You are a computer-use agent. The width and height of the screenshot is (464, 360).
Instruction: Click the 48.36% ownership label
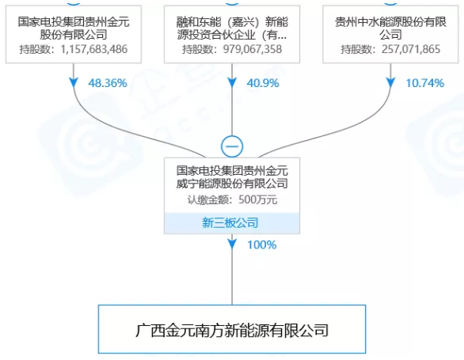click(x=108, y=83)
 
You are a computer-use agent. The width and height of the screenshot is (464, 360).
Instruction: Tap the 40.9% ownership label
click(x=263, y=83)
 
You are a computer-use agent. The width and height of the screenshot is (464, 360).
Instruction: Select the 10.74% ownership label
click(x=425, y=83)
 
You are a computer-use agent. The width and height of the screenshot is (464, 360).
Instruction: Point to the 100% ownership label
click(x=262, y=245)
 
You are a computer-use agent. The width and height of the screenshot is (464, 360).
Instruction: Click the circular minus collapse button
click(x=232, y=146)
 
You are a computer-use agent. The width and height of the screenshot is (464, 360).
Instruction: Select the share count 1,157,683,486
click(x=94, y=49)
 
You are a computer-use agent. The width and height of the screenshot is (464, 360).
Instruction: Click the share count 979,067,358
click(x=253, y=49)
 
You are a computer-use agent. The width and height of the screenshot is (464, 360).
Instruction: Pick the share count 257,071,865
click(x=411, y=49)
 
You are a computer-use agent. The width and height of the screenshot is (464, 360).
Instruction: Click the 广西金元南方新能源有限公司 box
click(x=232, y=329)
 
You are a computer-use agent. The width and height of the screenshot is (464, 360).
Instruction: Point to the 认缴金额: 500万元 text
click(x=232, y=200)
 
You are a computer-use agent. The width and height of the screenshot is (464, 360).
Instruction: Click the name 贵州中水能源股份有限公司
click(x=390, y=28)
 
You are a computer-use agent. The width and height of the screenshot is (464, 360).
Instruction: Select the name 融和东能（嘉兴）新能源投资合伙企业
click(x=232, y=28)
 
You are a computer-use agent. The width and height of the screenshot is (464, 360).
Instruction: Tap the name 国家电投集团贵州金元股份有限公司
click(x=74, y=28)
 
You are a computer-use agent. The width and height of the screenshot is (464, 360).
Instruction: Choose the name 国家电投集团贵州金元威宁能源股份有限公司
click(x=232, y=177)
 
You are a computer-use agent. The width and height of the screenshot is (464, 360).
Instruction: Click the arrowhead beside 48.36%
click(x=74, y=83)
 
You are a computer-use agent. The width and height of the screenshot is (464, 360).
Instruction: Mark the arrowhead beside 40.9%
click(x=232, y=83)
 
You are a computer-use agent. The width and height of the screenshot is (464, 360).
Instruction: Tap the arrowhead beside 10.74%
click(x=390, y=83)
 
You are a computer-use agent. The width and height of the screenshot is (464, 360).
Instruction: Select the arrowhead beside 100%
click(x=232, y=244)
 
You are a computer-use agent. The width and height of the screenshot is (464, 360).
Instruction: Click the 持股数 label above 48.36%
click(x=34, y=49)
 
